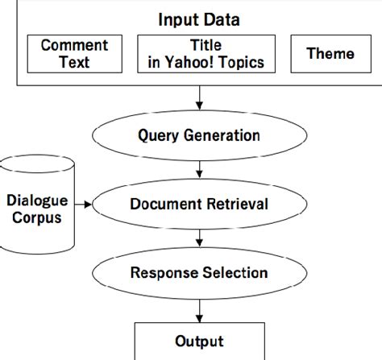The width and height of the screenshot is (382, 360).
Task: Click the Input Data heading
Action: point(199,18)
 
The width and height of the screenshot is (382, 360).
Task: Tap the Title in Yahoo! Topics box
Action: point(201,54)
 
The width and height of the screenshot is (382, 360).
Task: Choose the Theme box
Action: point(330,54)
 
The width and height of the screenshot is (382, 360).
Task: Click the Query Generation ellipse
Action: point(199,134)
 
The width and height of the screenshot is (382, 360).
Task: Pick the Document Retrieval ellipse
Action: point(199,204)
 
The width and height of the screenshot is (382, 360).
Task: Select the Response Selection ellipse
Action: point(199,272)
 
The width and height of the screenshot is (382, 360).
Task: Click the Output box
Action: point(199,341)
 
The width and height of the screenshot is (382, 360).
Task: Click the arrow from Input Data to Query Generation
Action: point(199,100)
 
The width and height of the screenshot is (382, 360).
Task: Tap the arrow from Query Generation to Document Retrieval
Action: point(199,169)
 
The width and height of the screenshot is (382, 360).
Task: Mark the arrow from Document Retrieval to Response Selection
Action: point(199,238)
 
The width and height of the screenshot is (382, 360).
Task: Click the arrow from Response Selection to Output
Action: point(199,308)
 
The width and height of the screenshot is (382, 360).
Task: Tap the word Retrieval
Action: point(238,204)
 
